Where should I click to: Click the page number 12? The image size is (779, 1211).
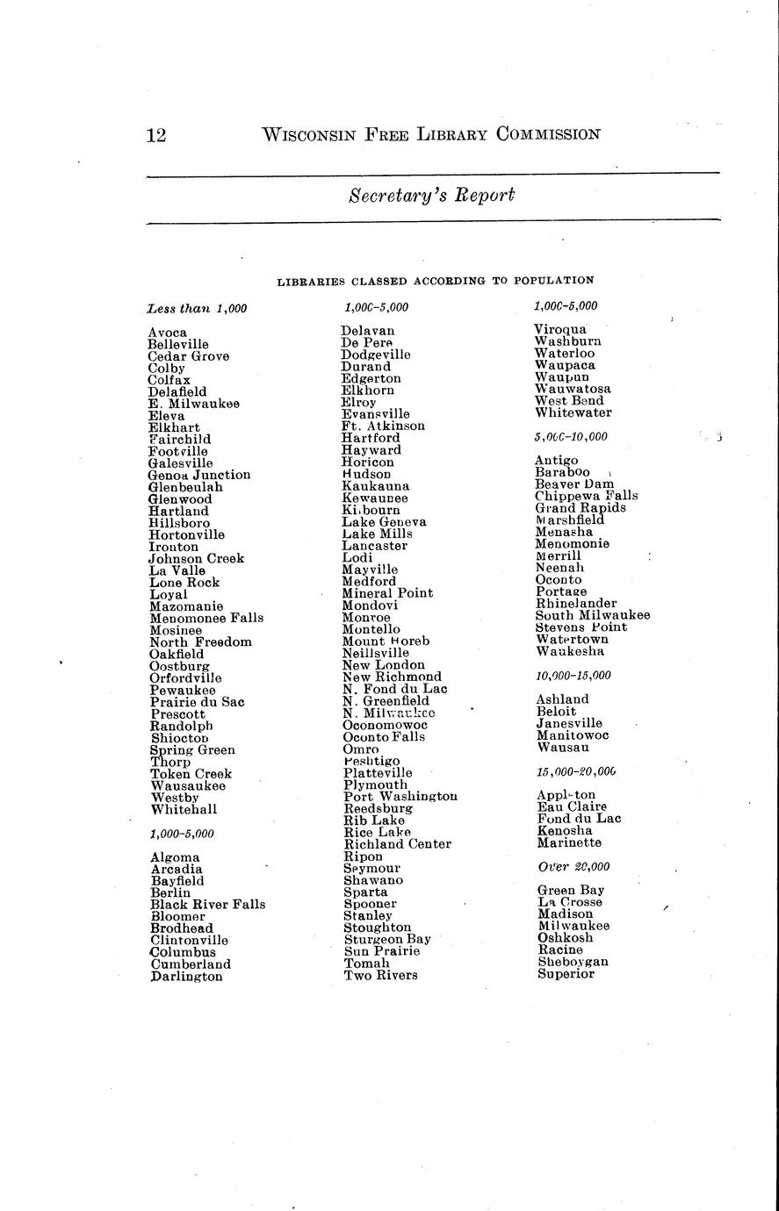[x=156, y=134]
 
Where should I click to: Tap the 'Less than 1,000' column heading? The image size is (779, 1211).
[x=198, y=308]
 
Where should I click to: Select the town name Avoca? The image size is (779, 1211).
[x=168, y=333]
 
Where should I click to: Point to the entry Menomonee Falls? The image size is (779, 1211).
[x=206, y=618]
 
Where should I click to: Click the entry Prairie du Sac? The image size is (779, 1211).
[x=197, y=702]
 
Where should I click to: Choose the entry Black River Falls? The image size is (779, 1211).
[x=207, y=904]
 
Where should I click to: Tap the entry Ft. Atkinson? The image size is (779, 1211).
[x=383, y=426]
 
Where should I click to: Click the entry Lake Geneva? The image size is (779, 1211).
[x=384, y=521]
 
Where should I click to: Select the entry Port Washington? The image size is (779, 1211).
[x=400, y=797]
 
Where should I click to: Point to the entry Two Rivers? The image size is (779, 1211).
[x=380, y=975]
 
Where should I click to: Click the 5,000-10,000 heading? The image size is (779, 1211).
[x=571, y=436]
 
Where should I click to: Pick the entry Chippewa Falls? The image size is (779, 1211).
[x=587, y=496]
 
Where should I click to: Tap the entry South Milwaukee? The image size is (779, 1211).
[x=593, y=615]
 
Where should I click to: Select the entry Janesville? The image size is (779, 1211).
[x=570, y=723]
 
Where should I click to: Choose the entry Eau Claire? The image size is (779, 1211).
[x=571, y=806]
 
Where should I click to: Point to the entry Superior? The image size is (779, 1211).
[x=566, y=973]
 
